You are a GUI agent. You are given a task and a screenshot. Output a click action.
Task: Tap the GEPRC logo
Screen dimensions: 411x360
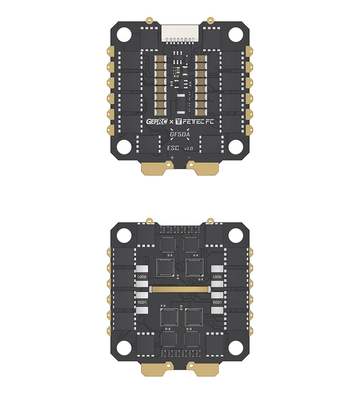click(x=157, y=122)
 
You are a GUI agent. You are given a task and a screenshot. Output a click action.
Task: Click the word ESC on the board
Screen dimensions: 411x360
click(x=173, y=148)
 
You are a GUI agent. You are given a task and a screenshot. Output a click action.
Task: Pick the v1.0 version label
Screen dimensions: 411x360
click(x=189, y=149)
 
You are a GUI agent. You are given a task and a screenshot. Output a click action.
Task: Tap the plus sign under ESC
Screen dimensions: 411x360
click(x=172, y=157)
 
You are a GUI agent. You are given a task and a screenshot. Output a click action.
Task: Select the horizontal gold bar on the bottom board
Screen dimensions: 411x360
click(x=180, y=289)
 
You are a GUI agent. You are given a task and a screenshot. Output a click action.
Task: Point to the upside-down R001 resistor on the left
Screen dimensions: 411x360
click(x=143, y=277)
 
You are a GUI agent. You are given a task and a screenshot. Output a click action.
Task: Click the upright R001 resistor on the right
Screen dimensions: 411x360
click(x=217, y=302)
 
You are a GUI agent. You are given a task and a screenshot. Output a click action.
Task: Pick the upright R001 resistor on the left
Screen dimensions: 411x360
click(x=143, y=302)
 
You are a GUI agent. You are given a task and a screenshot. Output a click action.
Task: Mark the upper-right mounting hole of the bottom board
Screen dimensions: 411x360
click(x=236, y=236)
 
